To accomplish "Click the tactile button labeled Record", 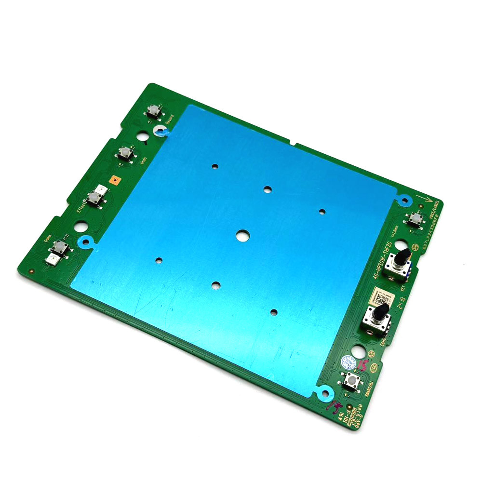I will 153,112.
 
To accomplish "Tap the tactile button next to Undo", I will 124,154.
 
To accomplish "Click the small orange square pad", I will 115,180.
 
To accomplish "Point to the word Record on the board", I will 169,125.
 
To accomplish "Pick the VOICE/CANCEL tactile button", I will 413,219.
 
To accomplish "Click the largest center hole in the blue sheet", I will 242,235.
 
